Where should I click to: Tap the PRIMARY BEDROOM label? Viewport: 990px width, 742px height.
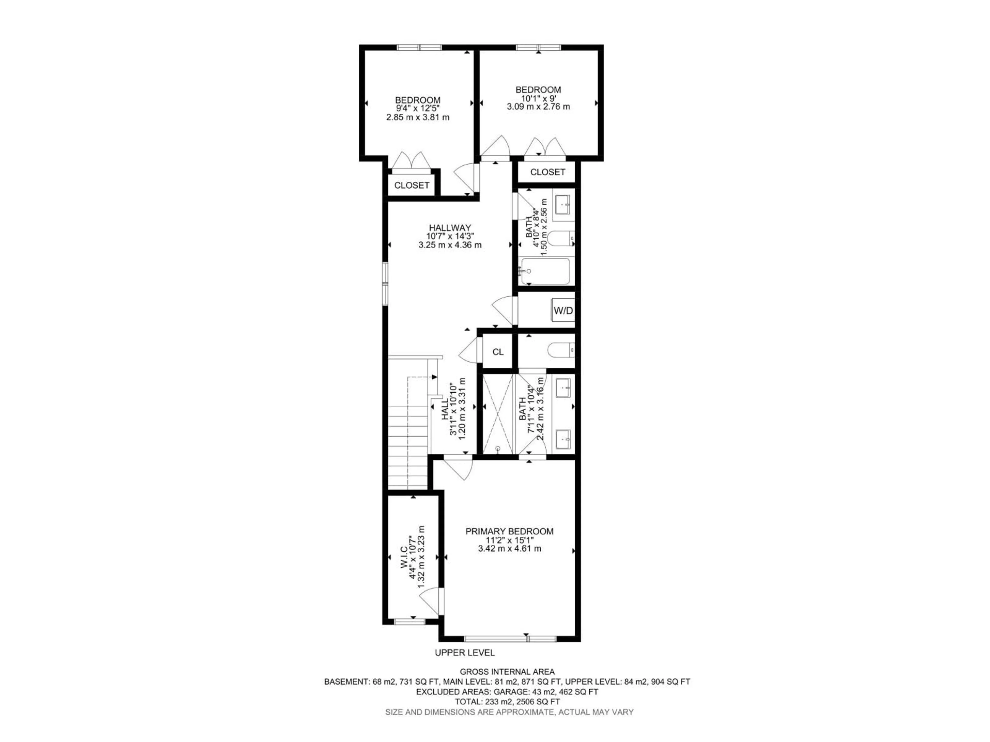509,531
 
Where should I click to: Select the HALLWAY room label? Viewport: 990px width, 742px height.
450,228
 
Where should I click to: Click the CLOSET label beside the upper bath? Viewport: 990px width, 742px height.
547,172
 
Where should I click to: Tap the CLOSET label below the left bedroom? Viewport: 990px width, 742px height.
412,185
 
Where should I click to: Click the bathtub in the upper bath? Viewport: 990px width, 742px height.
545,272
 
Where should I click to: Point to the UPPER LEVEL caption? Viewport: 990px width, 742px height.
465,653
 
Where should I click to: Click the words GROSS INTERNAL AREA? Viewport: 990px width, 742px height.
507,672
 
